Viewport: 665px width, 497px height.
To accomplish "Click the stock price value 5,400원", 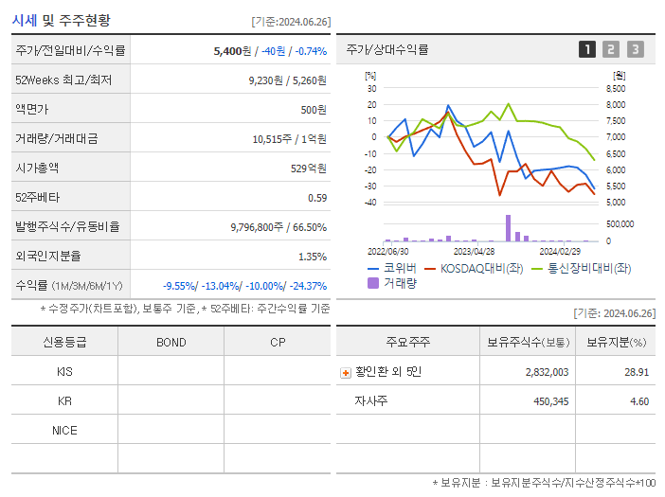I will pos(233,50).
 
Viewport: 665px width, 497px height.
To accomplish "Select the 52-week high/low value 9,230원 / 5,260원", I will pos(287,80).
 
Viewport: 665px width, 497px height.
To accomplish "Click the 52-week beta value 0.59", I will pos(317,198).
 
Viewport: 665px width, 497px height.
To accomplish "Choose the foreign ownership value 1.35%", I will pos(312,257).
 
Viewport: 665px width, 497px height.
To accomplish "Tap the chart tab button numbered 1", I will pos(587,49).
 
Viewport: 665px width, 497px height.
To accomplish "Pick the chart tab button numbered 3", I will pos(635,49).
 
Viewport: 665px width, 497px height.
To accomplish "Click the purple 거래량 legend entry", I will pos(392,282).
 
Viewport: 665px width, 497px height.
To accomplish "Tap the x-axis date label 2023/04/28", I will pos(475,252).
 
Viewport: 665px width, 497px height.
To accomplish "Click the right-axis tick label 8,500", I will pos(615,88).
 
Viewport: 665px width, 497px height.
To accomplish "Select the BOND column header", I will pos(171,343).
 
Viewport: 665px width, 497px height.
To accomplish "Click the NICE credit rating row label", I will pos(64,431).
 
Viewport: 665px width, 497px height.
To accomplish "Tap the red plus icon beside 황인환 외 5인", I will pos(345,373).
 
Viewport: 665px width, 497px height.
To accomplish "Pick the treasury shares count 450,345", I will pos(545,401).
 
